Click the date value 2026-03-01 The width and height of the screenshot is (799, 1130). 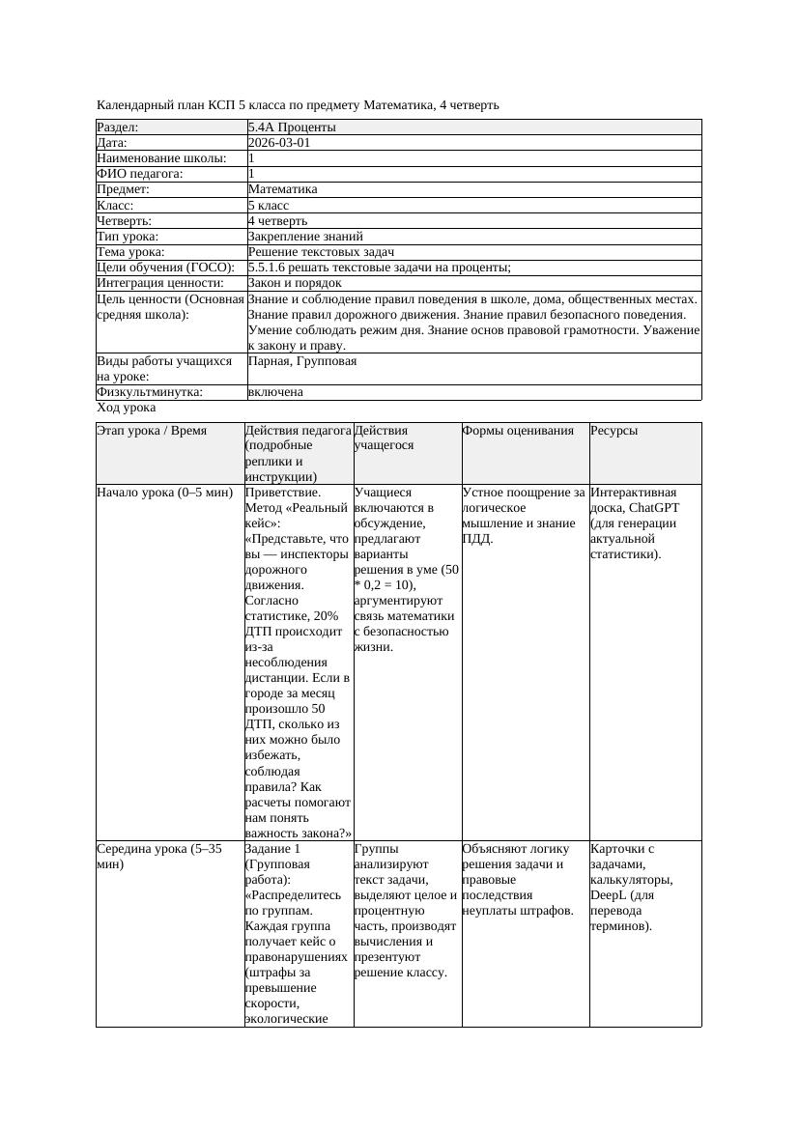[279, 143]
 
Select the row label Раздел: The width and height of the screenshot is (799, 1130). [118, 127]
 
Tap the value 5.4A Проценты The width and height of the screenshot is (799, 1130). [292, 127]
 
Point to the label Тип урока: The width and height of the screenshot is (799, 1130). [128, 237]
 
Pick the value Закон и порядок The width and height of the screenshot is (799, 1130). [295, 283]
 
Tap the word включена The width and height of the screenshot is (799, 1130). [275, 393]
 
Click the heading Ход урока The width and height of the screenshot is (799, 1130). [127, 409]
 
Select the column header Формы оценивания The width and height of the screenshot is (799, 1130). [518, 431]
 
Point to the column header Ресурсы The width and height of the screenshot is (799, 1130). [614, 431]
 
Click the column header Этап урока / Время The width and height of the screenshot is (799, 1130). [152, 431]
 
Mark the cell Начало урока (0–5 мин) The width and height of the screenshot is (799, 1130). [165, 493]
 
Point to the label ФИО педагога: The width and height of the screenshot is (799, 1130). [140, 174]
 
